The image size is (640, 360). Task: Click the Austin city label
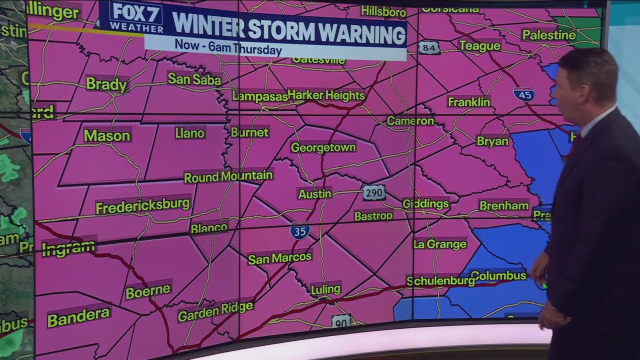point(314,194)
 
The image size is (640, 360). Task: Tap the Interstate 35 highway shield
point(300,231)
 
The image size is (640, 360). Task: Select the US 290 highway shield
point(374,192)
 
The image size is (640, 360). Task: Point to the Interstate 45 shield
point(523,94)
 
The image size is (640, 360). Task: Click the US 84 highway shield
point(429,47)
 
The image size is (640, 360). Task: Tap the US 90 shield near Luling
point(341,321)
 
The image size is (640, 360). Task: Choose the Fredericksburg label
point(142,205)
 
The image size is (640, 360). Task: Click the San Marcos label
point(279,258)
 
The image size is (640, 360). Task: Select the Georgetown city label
point(323,147)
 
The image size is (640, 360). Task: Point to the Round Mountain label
point(228,176)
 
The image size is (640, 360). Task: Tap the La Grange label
point(439,244)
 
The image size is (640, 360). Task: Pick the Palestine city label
point(549,35)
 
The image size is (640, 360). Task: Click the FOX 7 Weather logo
point(136,17)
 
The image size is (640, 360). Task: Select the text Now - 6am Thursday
point(228,48)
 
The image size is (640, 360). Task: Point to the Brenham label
point(503,205)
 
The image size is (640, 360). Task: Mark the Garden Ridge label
point(215,311)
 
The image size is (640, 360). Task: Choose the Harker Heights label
point(326,95)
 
